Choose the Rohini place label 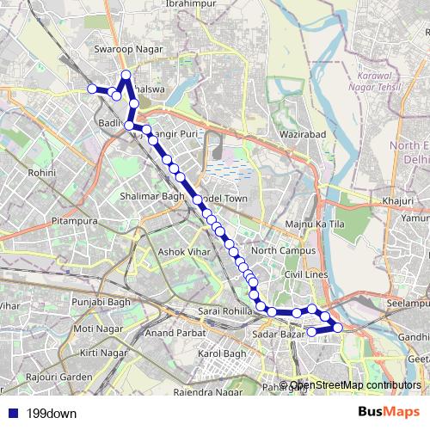coord(41,173)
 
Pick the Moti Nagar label coord(94,329)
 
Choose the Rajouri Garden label coord(58,377)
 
